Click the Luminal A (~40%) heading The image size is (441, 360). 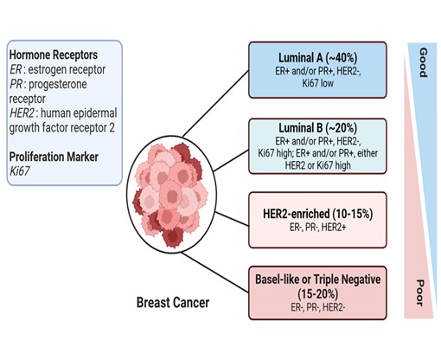point(317,58)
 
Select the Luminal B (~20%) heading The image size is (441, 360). point(317,128)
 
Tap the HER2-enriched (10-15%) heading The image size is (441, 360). point(317,214)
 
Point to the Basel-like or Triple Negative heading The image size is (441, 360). point(317,280)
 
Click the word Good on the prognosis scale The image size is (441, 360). point(423,62)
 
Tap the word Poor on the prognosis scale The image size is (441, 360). point(420,292)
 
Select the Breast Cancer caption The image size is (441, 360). point(173,303)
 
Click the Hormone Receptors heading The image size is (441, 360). point(54,55)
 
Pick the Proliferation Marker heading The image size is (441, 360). point(54,157)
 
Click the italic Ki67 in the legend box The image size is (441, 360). point(20,171)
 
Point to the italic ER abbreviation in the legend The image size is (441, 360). point(16,69)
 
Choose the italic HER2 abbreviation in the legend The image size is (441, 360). point(22,113)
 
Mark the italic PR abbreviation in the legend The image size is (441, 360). point(16,84)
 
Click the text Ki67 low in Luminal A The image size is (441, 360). point(318,83)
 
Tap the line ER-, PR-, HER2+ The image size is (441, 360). point(317,228)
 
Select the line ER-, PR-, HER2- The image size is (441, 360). point(317,307)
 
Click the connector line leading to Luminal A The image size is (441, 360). point(215,104)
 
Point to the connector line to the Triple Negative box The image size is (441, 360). point(215,273)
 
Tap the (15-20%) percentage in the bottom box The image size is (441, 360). point(317,294)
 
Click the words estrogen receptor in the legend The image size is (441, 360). point(67,69)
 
